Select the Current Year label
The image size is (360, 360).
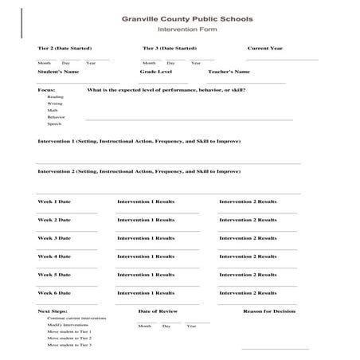264,49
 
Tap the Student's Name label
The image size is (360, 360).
57,72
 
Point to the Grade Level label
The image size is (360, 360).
155,72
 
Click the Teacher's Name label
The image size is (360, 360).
229,72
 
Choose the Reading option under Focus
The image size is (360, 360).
55,97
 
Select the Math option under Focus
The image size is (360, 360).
53,111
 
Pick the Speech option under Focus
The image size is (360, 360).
54,124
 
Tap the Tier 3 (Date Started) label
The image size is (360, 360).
170,49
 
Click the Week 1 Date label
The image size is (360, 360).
54,202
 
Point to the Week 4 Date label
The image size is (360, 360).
54,256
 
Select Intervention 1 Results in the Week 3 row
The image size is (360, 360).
146,238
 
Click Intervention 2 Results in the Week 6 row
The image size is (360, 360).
248,293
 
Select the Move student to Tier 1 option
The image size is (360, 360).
69,331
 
